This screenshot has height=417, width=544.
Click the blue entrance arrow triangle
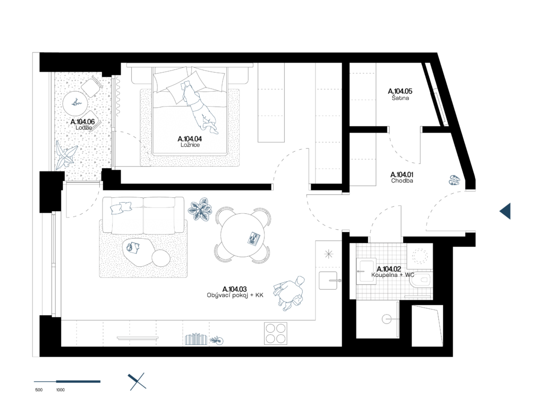pos(506,211)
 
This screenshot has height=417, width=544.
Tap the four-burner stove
pos(275,334)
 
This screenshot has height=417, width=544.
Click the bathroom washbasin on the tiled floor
pos(366,271)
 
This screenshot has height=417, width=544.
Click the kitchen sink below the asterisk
pos(329,280)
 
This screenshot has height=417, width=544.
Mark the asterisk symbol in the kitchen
pos(329,254)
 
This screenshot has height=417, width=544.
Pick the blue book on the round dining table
pos(254,238)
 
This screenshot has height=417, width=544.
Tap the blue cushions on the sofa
pos(121,207)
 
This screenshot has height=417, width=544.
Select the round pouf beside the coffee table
pos(161,258)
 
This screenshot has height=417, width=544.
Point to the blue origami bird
pos(66,155)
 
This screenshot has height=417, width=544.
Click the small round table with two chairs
pos(75,103)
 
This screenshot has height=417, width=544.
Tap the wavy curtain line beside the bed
pos(118,97)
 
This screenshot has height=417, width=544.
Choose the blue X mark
pos(137,381)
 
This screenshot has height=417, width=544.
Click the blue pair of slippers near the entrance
pos(454,180)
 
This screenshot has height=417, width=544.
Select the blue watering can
pos(217,341)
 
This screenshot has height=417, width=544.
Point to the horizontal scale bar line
pos(67,381)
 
